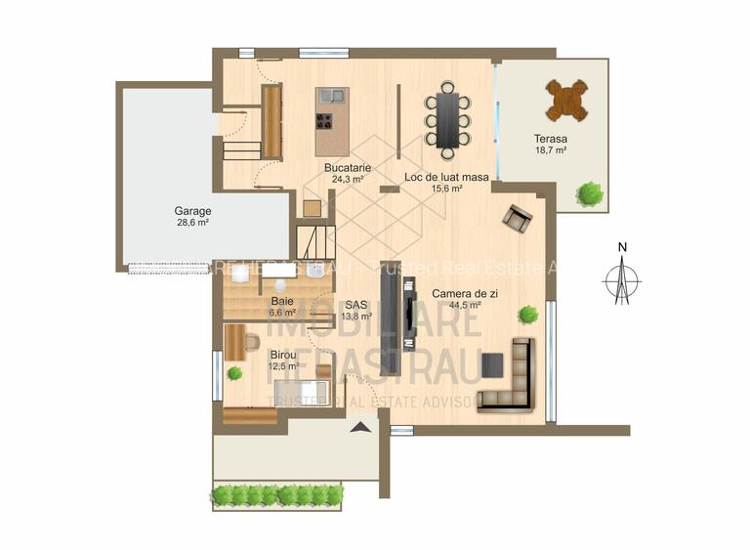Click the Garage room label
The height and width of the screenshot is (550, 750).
tap(192, 211)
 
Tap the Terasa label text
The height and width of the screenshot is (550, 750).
tap(550, 139)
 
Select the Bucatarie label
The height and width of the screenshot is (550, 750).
tap(346, 167)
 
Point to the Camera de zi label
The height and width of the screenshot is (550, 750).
tap(455, 291)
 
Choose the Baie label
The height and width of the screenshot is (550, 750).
tap(282, 301)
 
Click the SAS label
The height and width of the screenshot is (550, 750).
tap(355, 304)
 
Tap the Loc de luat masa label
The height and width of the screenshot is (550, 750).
tap(445, 177)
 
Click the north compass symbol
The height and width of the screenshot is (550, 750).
tap(621, 278)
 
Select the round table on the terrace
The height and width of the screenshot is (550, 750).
tap(566, 100)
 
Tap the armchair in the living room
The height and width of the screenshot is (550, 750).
tap(518, 217)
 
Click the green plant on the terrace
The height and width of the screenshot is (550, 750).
tap(589, 193)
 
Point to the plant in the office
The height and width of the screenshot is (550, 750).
tap(234, 373)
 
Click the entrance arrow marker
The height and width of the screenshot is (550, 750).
tap(361, 426)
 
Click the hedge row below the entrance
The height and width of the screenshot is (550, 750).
tap(277, 495)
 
